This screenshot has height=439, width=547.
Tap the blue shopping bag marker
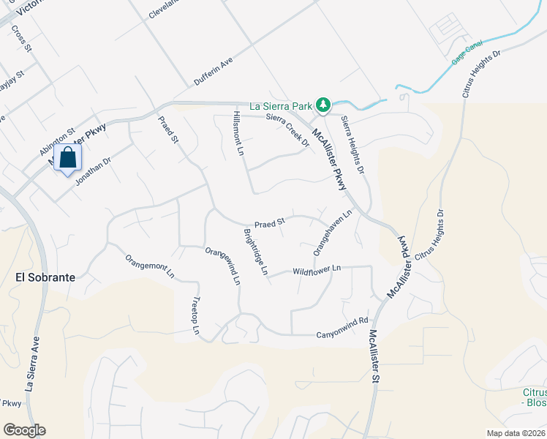click(x=67, y=159)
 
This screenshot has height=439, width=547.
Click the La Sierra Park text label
click(x=282, y=106)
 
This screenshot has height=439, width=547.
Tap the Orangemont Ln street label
click(x=150, y=266)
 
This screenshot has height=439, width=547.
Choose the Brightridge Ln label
click(x=256, y=252)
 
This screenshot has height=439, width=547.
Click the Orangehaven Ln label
click(x=333, y=233)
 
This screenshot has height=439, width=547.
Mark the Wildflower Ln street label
click(x=317, y=270)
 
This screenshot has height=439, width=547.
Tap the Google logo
click(x=24, y=430)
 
